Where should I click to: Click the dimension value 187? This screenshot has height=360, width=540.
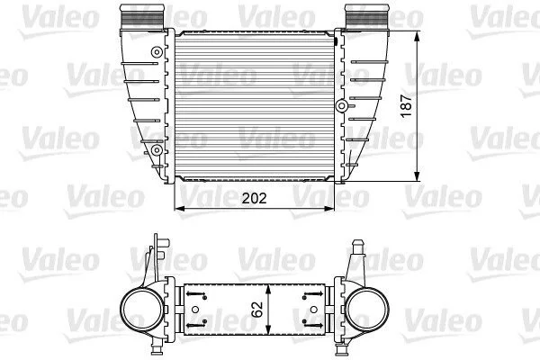tap(407, 106)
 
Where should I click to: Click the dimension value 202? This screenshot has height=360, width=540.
tap(254, 198)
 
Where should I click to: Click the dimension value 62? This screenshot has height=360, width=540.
tap(256, 310)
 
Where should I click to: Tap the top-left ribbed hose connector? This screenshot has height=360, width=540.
tap(142, 17)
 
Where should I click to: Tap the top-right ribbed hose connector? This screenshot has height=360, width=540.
tap(367, 17)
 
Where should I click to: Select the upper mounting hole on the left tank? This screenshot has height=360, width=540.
tap(157, 52)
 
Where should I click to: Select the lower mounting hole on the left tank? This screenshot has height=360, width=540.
tap(157, 150)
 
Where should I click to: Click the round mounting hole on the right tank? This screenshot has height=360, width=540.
tap(342, 106)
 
